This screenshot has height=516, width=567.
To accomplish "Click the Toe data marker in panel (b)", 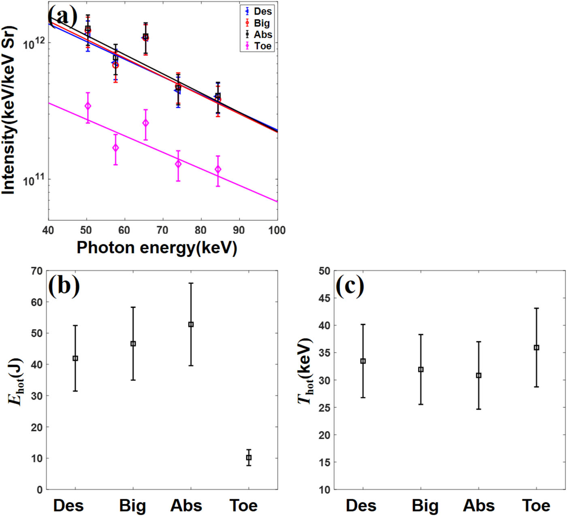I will click(249, 458).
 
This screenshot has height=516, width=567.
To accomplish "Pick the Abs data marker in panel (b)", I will click(191, 324).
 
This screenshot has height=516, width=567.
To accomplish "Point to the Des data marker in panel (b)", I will click(75, 358).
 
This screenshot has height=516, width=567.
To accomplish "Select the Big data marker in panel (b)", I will click(133, 344).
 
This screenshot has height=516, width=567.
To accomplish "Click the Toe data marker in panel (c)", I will click(536, 348).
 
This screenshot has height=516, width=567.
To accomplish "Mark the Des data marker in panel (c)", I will click(363, 361).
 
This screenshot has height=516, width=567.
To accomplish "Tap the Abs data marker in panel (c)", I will click(478, 375).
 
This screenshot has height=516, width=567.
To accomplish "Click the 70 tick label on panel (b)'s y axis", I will click(37, 271).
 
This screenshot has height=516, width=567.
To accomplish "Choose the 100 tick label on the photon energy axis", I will click(277, 230).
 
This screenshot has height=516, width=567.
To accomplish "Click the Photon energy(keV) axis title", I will click(157, 247).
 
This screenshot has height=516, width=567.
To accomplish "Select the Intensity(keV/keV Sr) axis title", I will click(9, 110).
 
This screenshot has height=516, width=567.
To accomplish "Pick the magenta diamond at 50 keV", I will click(87, 106).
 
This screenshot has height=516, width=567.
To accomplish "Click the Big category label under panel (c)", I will click(425, 505).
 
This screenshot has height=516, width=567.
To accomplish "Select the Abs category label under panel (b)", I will click(186, 505).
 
